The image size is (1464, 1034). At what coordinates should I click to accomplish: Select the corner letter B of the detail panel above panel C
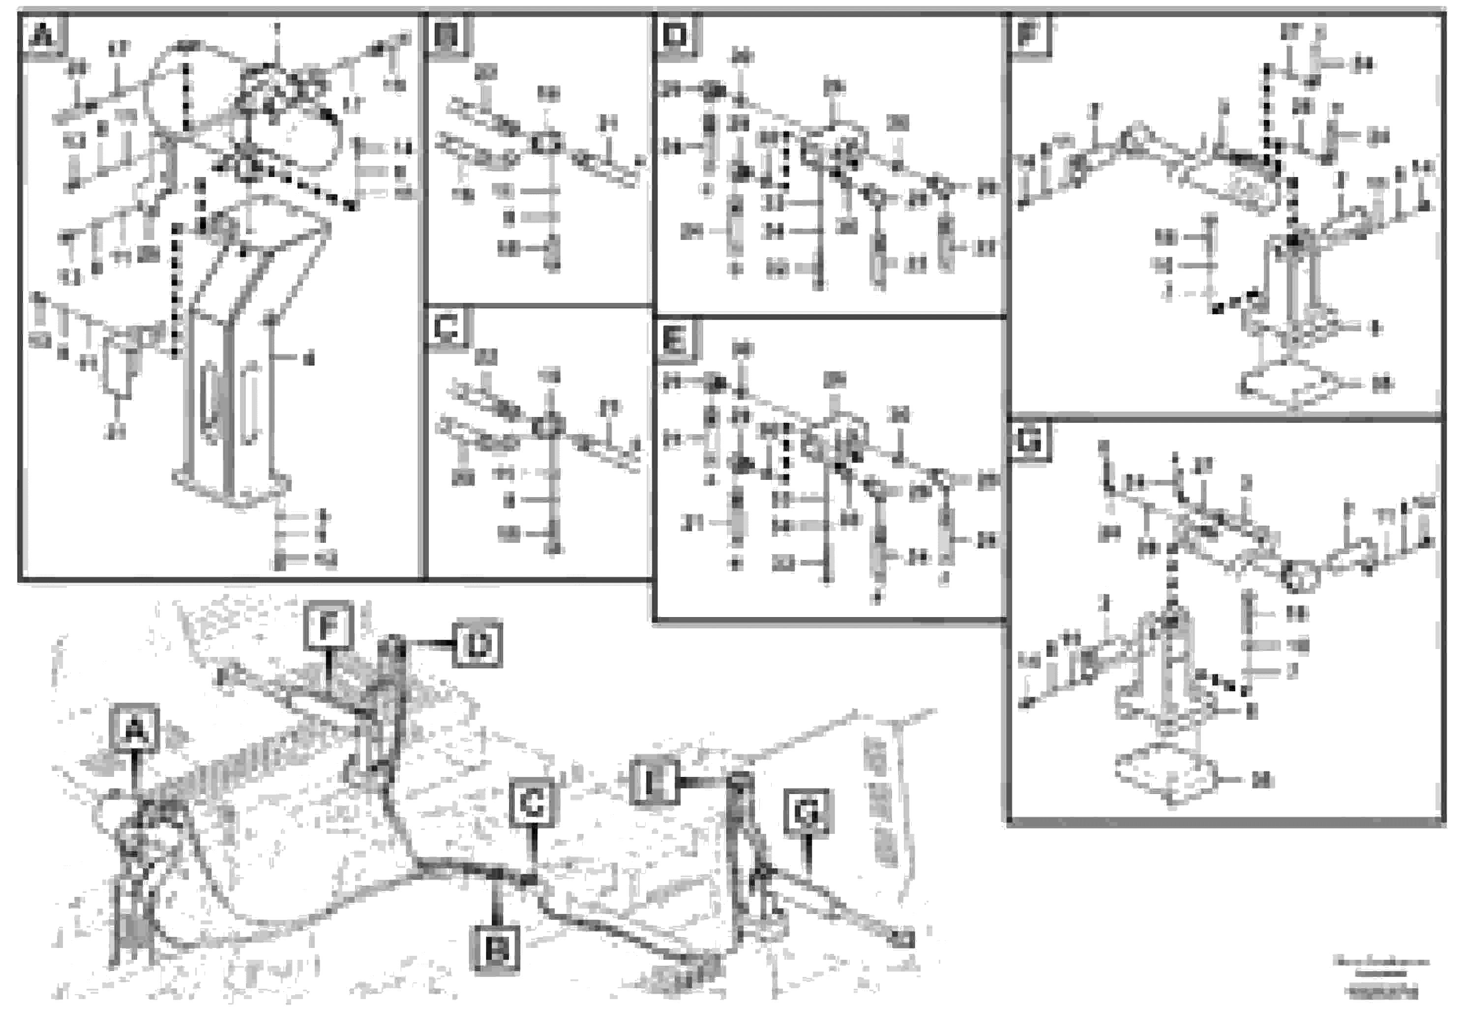[448, 35]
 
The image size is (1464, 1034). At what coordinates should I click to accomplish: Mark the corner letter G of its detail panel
[1028, 441]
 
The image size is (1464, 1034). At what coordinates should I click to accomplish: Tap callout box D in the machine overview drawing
[478, 645]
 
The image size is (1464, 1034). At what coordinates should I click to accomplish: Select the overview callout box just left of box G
[652, 781]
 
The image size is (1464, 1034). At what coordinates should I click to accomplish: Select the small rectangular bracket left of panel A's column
[119, 367]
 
